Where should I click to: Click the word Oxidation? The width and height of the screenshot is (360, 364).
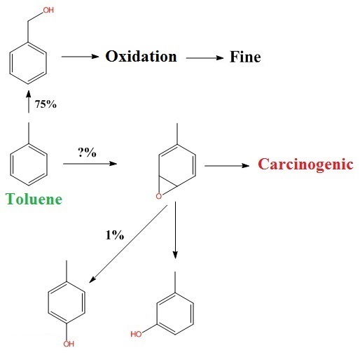(x=141, y=57)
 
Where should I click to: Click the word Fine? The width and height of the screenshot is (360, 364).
(x=245, y=57)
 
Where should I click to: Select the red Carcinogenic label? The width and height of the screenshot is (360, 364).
(x=305, y=164)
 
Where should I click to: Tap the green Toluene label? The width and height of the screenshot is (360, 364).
(x=34, y=199)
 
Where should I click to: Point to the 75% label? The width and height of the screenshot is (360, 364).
(x=46, y=104)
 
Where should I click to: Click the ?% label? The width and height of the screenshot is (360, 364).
(x=87, y=153)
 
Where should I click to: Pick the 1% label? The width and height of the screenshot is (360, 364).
(x=115, y=235)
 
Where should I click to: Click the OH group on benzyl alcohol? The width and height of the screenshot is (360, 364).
(x=48, y=10)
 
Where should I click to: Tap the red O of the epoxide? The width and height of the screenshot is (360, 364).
(x=159, y=196)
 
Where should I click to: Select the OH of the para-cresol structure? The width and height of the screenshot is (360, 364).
(x=69, y=344)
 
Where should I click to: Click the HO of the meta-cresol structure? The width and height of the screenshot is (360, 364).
(x=136, y=334)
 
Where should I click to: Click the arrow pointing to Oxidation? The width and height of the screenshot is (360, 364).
(x=80, y=57)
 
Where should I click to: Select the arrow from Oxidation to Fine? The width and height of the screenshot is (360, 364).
(x=205, y=58)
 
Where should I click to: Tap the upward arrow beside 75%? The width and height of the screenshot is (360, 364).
(x=29, y=101)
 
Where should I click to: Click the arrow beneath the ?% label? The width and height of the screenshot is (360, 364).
(x=90, y=164)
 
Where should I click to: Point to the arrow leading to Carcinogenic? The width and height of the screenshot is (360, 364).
(x=227, y=166)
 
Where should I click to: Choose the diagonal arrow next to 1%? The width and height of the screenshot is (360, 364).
(x=128, y=244)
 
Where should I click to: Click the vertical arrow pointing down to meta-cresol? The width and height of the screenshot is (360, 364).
(x=175, y=230)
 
